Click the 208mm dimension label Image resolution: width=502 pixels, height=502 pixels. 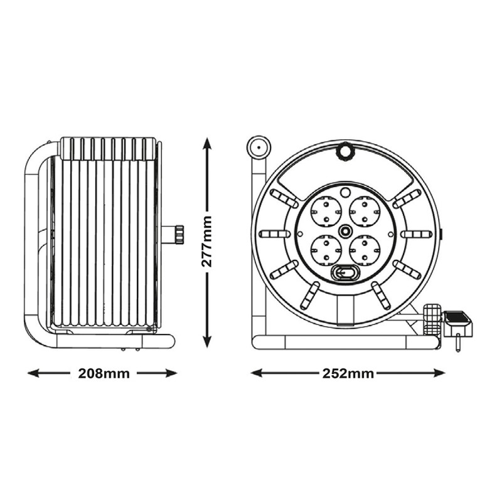[104, 373]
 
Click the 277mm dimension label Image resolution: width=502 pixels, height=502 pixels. [206, 242]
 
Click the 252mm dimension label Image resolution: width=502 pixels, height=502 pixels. [348, 373]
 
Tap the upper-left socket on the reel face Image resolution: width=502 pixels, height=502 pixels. [326, 211]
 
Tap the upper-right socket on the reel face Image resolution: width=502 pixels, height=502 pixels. [365, 211]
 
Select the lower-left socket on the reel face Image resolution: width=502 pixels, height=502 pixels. [326, 250]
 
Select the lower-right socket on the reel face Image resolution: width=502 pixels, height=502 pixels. [365, 250]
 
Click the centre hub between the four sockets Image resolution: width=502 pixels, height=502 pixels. [345, 231]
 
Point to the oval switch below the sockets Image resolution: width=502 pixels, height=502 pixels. [345, 273]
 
